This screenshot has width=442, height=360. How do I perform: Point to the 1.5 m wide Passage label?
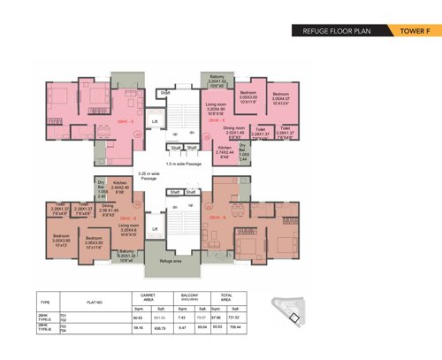tap(183, 164)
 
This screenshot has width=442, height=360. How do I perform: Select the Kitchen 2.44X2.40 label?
tap(120, 188)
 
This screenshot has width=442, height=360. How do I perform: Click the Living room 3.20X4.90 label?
tap(219, 110)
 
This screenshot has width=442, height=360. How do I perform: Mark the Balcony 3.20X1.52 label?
tap(217, 81)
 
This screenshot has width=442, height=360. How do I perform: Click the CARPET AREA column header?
tap(142, 298)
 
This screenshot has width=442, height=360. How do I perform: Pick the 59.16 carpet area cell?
tap(137, 328)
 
